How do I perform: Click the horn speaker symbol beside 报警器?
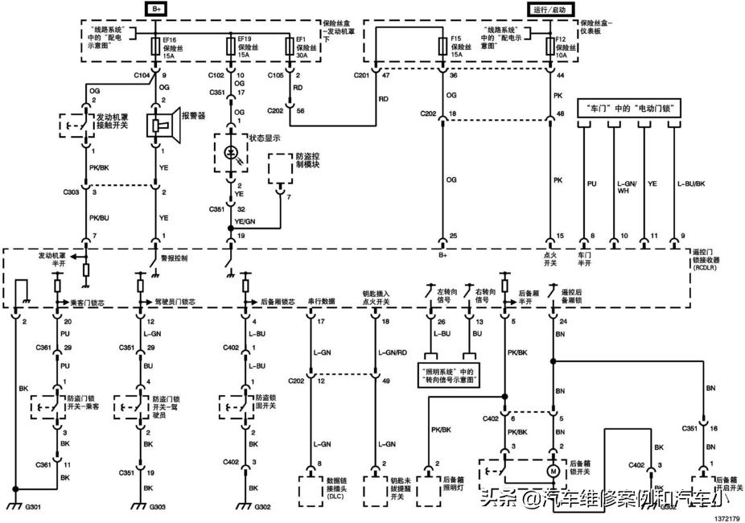click(x=158, y=124)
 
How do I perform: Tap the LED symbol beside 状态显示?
click(x=233, y=151)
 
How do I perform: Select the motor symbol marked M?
click(x=553, y=470)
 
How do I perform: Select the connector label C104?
click(x=141, y=75)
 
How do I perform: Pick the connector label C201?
click(x=362, y=75)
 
